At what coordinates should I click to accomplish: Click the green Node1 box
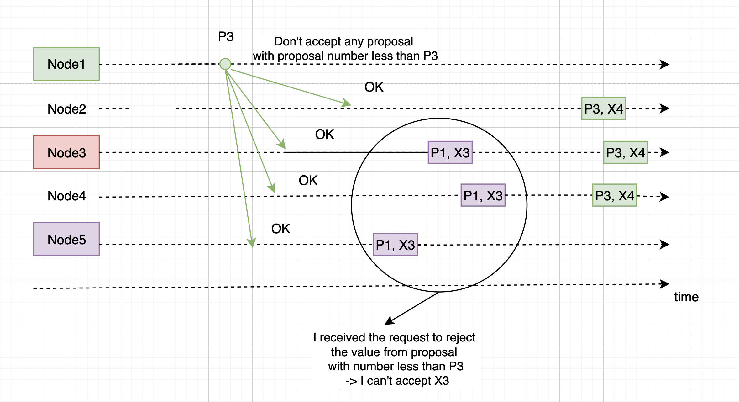click(66, 64)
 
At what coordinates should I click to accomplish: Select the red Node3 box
click(66, 152)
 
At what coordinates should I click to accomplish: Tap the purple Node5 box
click(66, 239)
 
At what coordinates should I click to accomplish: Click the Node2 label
click(67, 109)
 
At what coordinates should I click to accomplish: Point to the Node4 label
click(67, 196)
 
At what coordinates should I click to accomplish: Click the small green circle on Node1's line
click(225, 64)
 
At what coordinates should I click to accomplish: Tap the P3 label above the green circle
click(226, 37)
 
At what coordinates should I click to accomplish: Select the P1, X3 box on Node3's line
click(450, 152)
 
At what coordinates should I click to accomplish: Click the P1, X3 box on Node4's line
click(483, 195)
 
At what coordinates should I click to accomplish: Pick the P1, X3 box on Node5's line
click(395, 245)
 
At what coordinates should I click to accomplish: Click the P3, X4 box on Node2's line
click(604, 108)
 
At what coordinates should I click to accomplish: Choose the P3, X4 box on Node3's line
click(626, 152)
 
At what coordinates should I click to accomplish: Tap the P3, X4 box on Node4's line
click(615, 195)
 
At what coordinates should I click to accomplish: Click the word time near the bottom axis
click(686, 297)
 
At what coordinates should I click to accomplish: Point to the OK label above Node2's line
click(374, 87)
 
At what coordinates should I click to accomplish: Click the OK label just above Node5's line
click(280, 229)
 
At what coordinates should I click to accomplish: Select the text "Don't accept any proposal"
click(344, 41)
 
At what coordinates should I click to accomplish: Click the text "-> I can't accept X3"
click(397, 381)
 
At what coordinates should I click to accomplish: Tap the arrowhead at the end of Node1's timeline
click(665, 65)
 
